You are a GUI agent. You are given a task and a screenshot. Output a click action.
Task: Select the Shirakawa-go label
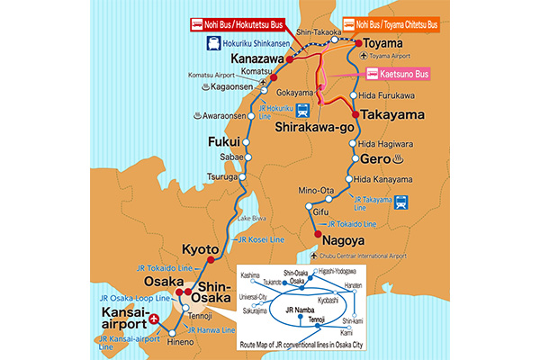click(310, 128)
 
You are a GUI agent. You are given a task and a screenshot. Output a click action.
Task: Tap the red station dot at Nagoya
click(317, 236)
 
